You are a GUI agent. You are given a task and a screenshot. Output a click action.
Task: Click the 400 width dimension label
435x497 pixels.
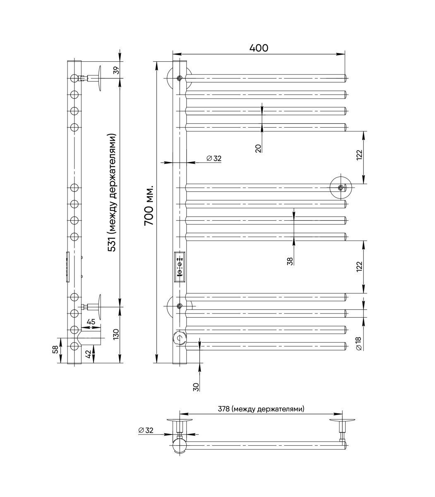click(x=259, y=48)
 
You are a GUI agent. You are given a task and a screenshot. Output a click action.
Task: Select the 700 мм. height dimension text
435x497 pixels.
click(x=149, y=206)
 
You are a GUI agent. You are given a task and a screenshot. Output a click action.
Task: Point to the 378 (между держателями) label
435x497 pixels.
click(x=261, y=409)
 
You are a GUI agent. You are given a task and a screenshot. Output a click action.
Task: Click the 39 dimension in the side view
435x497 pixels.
click(x=117, y=70)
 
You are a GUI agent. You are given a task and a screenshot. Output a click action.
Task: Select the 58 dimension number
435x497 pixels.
click(x=55, y=350)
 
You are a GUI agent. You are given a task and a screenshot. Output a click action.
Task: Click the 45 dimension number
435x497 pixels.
click(x=91, y=322)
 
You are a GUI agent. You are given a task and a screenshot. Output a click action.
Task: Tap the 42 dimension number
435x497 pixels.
click(x=88, y=354)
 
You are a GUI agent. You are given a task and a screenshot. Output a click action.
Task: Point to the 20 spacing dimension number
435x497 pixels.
click(x=258, y=148)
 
